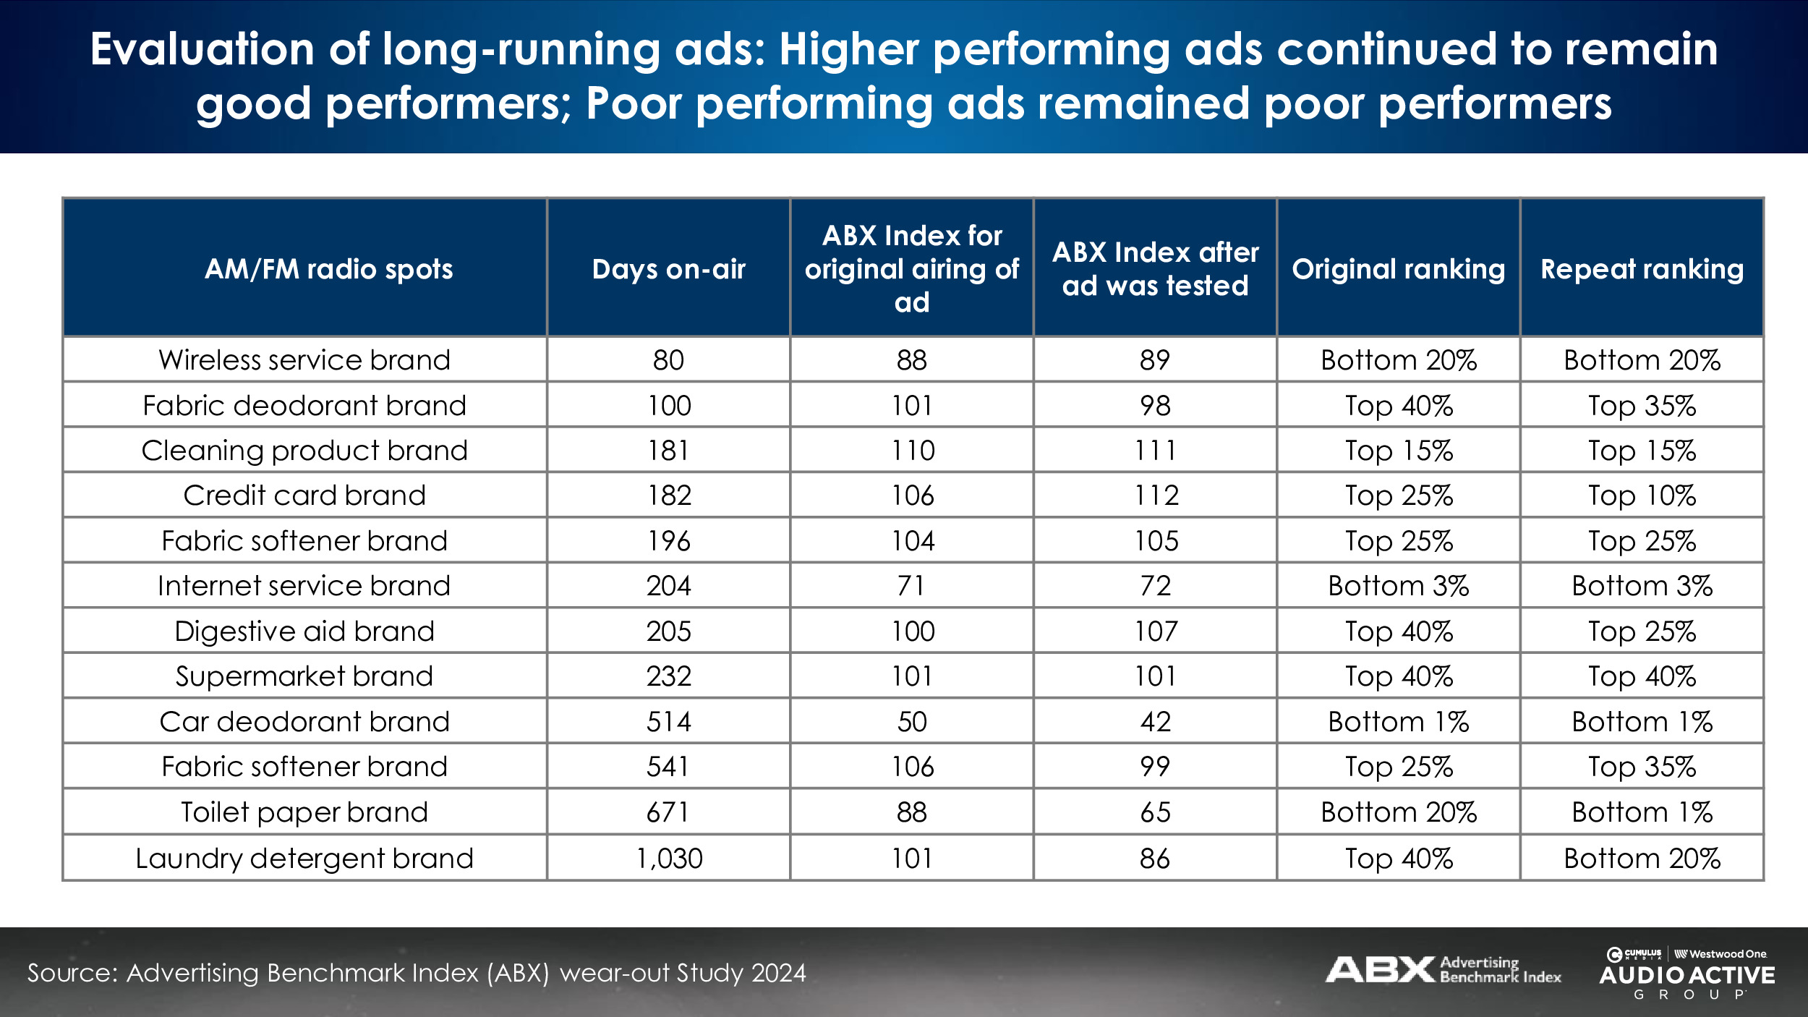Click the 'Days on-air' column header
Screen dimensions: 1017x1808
coord(668,269)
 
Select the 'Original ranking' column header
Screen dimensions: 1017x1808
coord(1398,269)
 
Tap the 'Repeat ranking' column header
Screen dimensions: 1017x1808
coord(1642,269)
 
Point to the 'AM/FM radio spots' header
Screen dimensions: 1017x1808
coord(328,269)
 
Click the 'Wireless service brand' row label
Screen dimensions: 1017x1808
coord(304,359)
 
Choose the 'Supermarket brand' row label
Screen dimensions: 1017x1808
coord(304,676)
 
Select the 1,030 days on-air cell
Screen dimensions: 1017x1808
coord(669,859)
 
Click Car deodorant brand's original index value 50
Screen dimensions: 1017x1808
coord(912,722)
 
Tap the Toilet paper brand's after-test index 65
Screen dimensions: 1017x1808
coord(1155,812)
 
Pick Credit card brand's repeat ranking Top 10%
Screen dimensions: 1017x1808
coord(1642,495)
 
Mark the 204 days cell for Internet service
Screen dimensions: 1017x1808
coord(669,586)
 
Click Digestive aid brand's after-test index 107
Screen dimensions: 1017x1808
coord(1156,631)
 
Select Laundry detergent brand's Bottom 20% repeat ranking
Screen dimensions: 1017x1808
coord(1642,859)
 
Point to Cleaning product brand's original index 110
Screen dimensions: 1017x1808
coord(913,451)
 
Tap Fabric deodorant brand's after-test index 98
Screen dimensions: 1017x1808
coord(1155,406)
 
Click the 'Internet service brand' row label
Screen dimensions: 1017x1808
coord(304,586)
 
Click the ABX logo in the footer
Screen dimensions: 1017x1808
coord(1442,970)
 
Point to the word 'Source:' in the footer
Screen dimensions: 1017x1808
coord(72,973)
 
